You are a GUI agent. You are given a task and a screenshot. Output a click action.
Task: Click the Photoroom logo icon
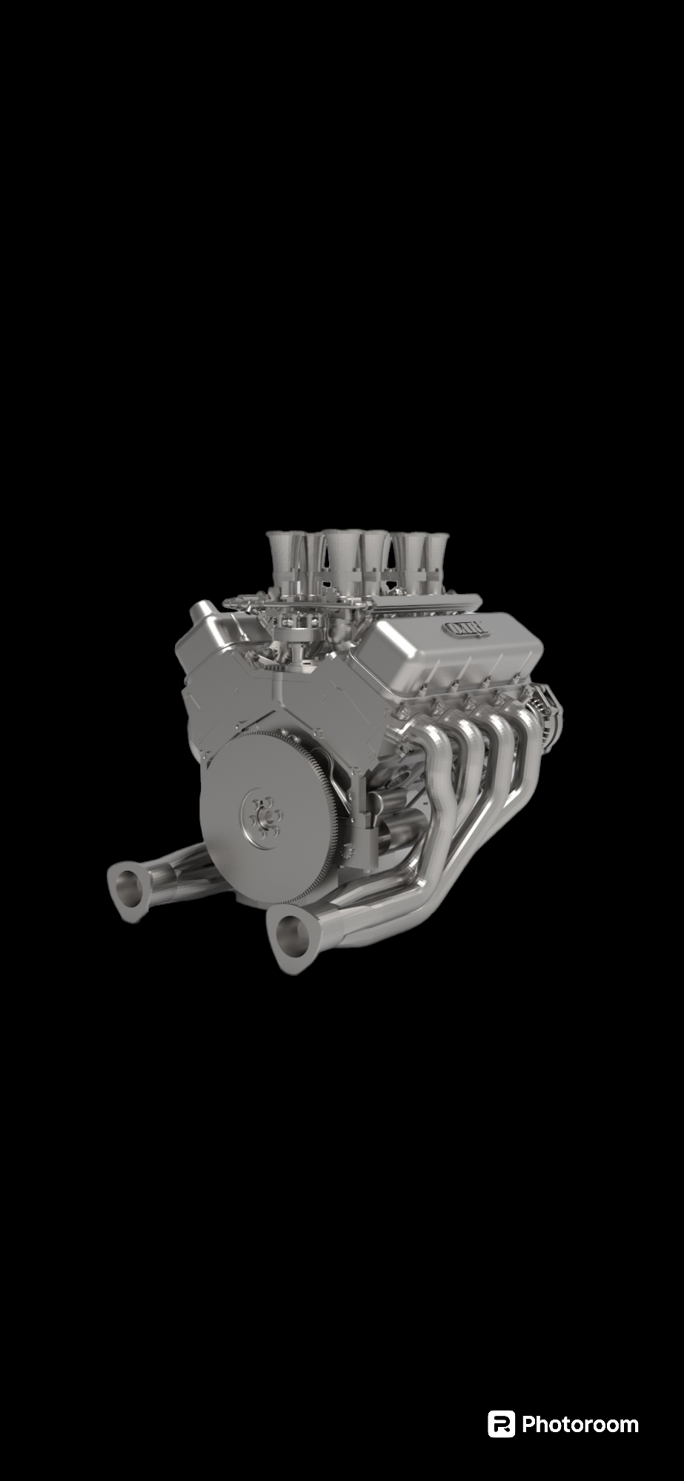coord(501,1424)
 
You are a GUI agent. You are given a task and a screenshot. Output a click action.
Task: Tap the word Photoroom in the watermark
coord(580,1425)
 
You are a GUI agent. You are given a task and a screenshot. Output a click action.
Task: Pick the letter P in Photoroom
coord(529,1425)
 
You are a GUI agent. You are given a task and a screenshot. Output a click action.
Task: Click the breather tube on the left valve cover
coord(200,614)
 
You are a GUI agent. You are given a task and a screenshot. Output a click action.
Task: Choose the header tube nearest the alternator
coord(527,740)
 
